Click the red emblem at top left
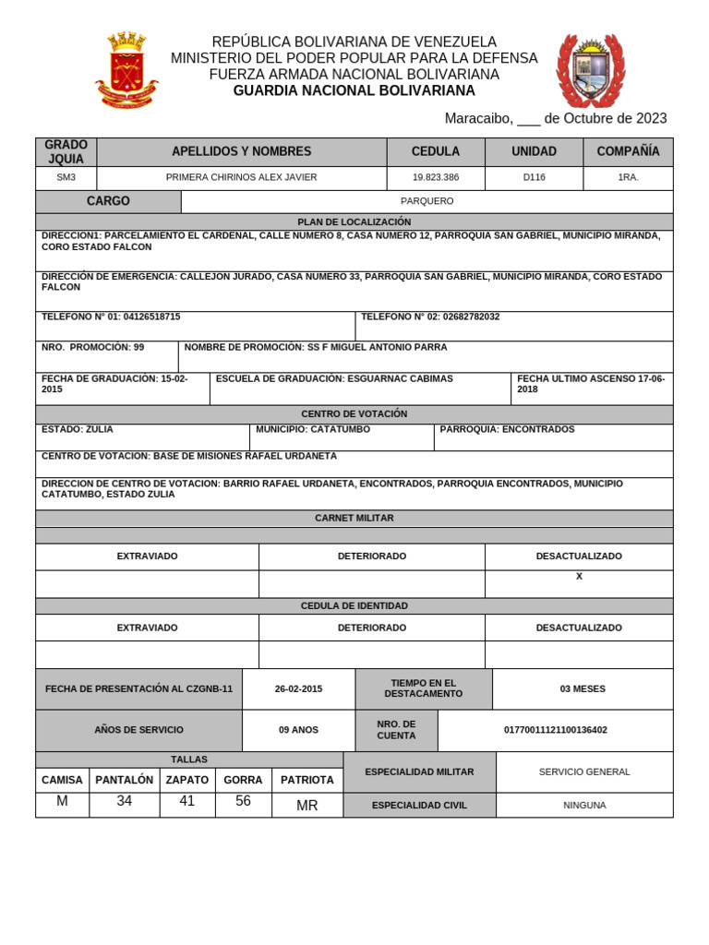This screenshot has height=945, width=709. coord(126,70)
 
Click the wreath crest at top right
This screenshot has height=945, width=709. coord(590,71)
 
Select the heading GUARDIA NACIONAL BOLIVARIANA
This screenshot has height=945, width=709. coord(354,90)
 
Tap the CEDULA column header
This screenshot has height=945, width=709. coord(435,151)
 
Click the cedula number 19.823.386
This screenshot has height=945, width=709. coord(435,177)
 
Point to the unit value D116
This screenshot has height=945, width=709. coord(534,177)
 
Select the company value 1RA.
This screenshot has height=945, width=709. coord(628,177)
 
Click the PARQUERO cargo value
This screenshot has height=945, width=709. coord(427,201)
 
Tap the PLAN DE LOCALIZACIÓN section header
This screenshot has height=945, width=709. coord(354,222)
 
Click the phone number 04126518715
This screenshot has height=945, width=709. coord(151,317)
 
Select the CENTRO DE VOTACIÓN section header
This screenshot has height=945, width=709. coord(354,414)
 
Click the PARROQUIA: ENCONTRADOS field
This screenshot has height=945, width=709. coord(507,429)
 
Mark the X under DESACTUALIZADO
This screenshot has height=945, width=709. coord(579,577)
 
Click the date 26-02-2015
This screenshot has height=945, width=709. coord(298,688)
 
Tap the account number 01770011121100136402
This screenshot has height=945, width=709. coord(555,730)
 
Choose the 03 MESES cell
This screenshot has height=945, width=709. coord(583,688)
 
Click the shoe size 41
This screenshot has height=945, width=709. coord(187,802)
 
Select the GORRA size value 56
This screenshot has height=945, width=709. coord(243,802)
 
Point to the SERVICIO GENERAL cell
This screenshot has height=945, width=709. coord(584,772)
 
